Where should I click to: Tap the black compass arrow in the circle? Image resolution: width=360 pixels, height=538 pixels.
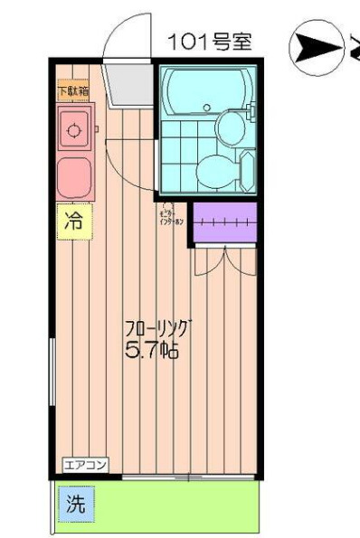point(308,48)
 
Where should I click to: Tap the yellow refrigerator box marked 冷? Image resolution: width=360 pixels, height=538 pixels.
point(75,220)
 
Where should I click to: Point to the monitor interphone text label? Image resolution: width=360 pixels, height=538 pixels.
point(171,214)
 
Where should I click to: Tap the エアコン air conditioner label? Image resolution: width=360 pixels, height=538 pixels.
point(85,465)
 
